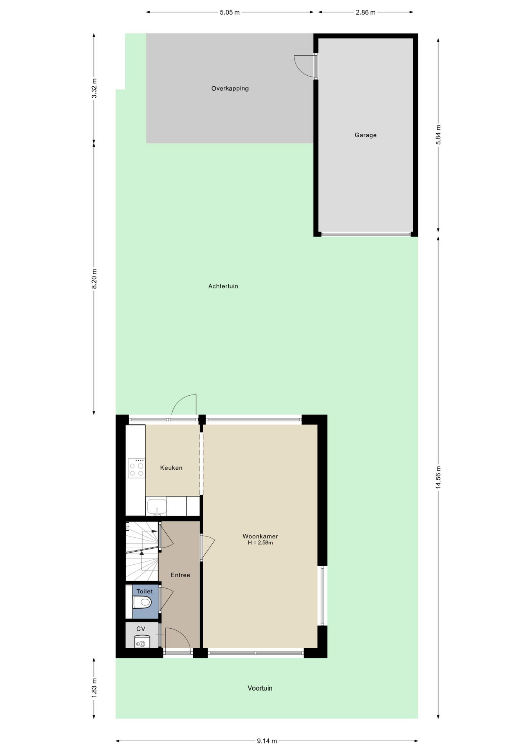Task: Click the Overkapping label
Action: tap(230, 89)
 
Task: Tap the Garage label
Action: tap(366, 135)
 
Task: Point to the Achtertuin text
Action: tap(223, 286)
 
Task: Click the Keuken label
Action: tap(171, 468)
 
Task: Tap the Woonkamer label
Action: tap(260, 536)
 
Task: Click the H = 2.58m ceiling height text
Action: tap(260, 543)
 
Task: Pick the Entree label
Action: tap(180, 575)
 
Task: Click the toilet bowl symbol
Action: tap(142, 602)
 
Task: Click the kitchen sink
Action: tap(157, 506)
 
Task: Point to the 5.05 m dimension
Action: tap(230, 13)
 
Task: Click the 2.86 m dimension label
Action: tap(366, 13)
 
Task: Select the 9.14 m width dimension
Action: tap(267, 741)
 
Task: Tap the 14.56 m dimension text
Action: tap(438, 477)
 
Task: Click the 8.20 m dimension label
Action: tap(94, 279)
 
